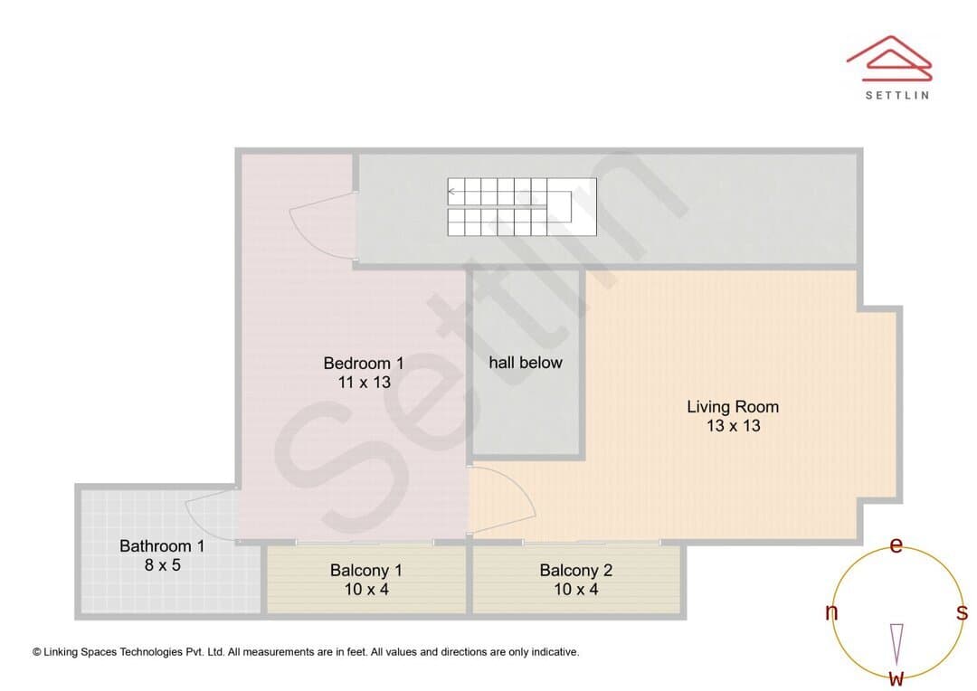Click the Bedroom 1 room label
coord(364,363)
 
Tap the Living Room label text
coord(733,407)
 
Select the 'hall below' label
coord(526,362)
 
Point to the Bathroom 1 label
coord(162,545)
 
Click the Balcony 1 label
coord(366,570)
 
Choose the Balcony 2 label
coord(575,570)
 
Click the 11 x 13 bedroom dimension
coord(365,382)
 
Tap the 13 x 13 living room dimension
coord(734,426)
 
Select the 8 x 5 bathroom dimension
coord(163,565)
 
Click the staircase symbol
coord(522,207)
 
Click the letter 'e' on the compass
coord(896,545)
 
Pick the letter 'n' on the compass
coord(831,612)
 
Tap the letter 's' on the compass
coord(963,612)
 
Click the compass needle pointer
coord(896,644)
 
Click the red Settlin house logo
coord(890,58)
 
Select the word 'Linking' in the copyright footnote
coord(62,652)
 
